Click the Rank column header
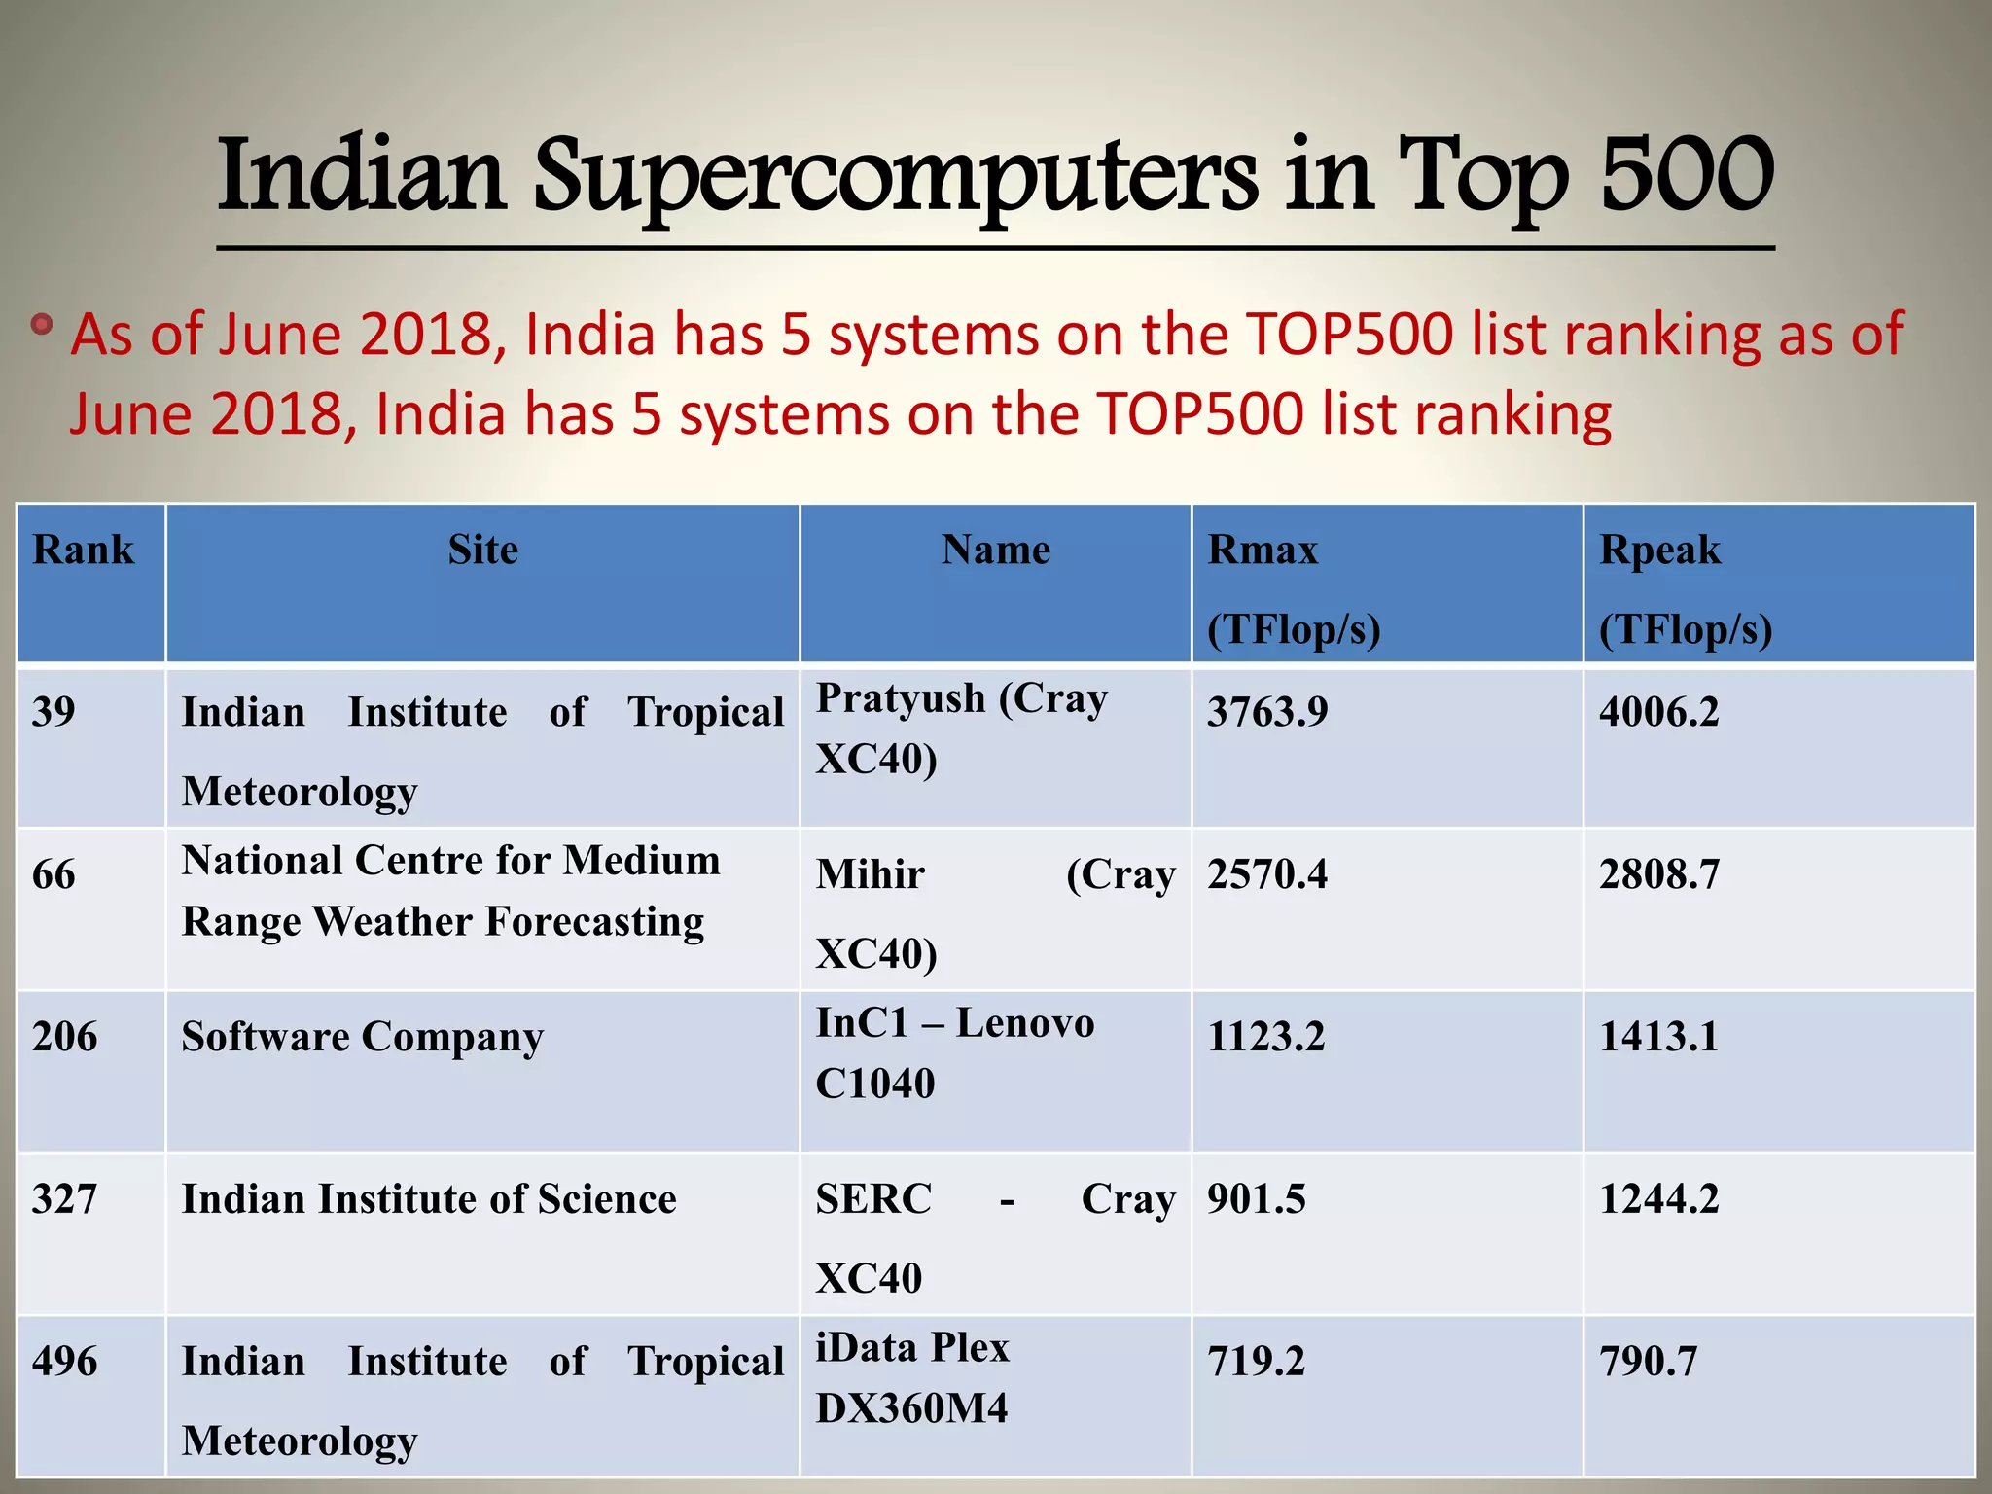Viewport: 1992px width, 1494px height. click(x=84, y=551)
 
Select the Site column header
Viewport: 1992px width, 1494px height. click(x=483, y=551)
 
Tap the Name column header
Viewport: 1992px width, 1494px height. click(x=996, y=551)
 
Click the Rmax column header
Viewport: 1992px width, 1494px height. click(x=1263, y=551)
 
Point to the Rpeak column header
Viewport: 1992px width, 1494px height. click(x=1659, y=551)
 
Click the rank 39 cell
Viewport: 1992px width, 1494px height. click(x=54, y=712)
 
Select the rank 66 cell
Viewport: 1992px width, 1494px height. click(x=54, y=874)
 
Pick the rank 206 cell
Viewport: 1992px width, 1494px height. click(x=65, y=1037)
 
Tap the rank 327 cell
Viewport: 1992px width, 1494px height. click(x=65, y=1199)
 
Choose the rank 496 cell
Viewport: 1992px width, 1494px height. click(x=65, y=1362)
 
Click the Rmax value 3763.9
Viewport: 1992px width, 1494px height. click(x=1267, y=712)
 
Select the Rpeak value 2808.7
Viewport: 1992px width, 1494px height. click(x=1659, y=874)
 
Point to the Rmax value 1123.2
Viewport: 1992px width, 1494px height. click(x=1265, y=1037)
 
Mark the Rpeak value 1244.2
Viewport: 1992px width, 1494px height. click(x=1659, y=1199)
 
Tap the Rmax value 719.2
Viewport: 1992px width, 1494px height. click(x=1256, y=1362)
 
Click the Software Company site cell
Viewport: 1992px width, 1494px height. click(x=363, y=1038)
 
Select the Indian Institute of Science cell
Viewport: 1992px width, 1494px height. click(x=429, y=1199)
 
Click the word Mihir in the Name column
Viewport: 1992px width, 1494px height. click(x=871, y=874)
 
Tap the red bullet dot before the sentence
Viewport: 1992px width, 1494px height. click(x=41, y=324)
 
